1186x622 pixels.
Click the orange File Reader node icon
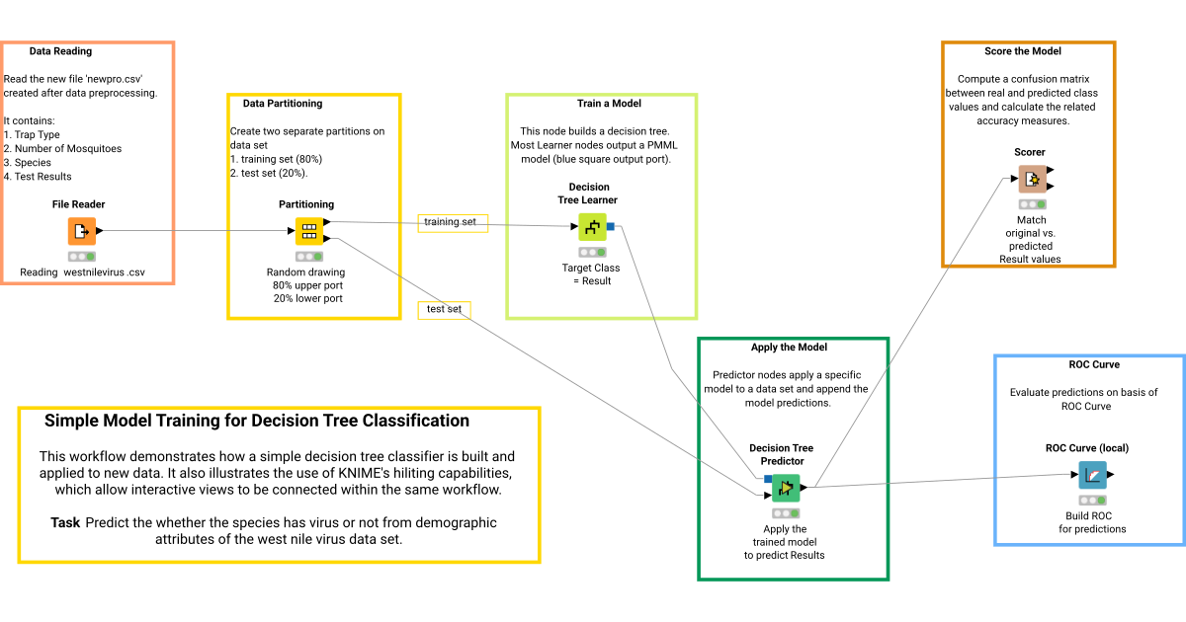click(81, 231)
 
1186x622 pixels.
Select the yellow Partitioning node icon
click(308, 231)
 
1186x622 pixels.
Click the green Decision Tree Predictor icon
click(786, 487)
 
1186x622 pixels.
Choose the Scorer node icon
click(1032, 179)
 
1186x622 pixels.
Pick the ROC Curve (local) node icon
click(1092, 475)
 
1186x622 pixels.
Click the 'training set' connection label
click(450, 222)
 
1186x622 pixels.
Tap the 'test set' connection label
click(444, 309)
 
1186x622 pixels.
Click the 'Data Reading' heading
click(60, 51)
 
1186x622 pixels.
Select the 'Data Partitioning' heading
click(283, 103)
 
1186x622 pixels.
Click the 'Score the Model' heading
click(1029, 50)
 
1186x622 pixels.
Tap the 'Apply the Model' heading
click(789, 347)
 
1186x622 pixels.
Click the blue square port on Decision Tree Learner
click(611, 227)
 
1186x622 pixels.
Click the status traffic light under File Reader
click(81, 255)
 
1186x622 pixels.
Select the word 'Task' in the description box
click(64, 522)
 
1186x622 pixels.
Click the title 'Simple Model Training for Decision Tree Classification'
click(257, 421)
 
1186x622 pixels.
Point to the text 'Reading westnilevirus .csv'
click(82, 272)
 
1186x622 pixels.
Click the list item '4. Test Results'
click(38, 177)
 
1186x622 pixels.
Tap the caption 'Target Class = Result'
click(591, 273)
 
